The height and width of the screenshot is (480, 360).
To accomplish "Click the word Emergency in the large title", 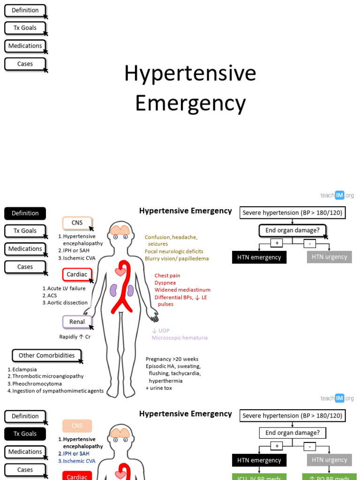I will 190,104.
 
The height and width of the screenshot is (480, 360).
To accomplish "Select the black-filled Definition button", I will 25,213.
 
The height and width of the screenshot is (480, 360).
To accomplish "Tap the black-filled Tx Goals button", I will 25,434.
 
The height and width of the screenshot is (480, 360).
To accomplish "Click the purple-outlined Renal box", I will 77,322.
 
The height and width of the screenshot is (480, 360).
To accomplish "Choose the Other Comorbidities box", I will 46,355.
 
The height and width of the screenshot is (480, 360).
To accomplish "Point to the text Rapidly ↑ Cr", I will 75,337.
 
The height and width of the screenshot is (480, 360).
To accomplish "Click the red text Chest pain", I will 167,276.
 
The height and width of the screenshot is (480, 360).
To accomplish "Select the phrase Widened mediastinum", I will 182,290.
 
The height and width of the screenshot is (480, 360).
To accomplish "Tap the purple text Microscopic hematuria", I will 180,337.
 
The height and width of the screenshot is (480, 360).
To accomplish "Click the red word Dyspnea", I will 165,283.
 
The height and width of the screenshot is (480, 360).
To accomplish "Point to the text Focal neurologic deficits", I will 174,251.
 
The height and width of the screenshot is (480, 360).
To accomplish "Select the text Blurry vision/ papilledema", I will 177,258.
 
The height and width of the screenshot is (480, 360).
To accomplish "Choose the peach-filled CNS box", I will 77,426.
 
